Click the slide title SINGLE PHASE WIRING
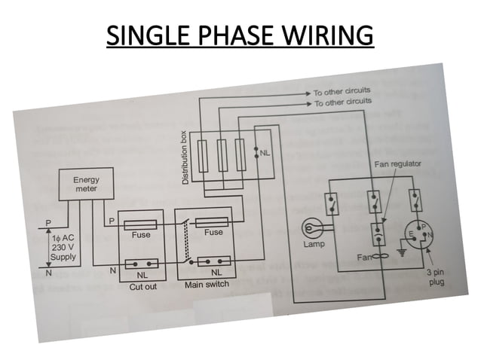pyautogui.click(x=240, y=35)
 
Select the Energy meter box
pyautogui.click(x=85, y=185)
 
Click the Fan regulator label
pyautogui.click(x=396, y=163)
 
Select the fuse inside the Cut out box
pyautogui.click(x=139, y=224)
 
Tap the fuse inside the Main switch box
pyautogui.click(x=213, y=223)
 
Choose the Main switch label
pyautogui.click(x=207, y=285)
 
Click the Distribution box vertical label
pyautogui.click(x=185, y=158)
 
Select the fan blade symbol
pyautogui.click(x=375, y=257)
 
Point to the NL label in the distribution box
pyautogui.click(x=265, y=154)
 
